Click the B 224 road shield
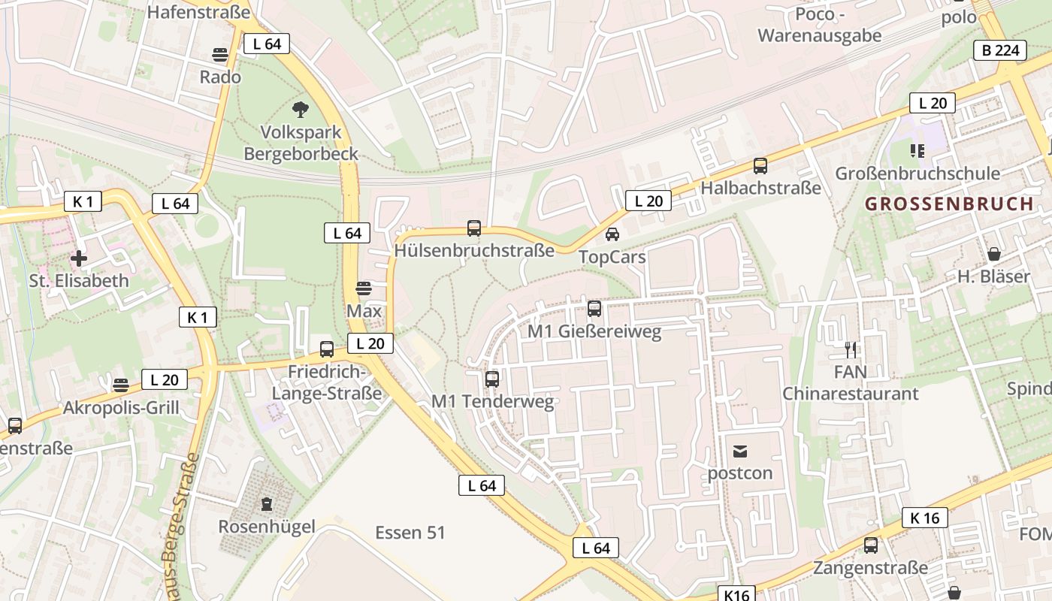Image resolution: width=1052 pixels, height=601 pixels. coord(1000,50)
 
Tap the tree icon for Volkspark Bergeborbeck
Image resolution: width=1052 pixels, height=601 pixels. coord(301,110)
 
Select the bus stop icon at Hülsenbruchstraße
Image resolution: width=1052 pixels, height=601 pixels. coord(474,228)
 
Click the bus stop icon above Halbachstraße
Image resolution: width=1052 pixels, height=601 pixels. coord(760,166)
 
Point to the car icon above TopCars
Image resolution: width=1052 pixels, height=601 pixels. coord(612,234)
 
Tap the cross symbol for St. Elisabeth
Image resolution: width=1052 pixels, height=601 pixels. coord(79,259)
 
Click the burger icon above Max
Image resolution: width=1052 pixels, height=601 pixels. coord(364,288)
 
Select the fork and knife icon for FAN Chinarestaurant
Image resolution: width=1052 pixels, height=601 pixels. coord(851,349)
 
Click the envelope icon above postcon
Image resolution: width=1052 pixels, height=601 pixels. coord(740,452)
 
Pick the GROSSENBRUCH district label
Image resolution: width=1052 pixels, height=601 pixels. coord(949,204)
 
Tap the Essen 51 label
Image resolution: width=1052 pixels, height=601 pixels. coord(410,533)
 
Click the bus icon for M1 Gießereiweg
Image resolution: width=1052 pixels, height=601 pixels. coord(594,308)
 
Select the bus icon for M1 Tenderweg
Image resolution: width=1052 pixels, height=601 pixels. coord(492,379)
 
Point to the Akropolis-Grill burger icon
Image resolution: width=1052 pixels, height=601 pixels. coord(121,385)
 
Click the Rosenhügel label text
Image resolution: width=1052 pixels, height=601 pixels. coord(267,527)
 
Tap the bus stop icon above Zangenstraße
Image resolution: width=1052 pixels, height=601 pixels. coord(871,545)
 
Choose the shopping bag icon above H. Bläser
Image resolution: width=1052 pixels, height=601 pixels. coord(994,254)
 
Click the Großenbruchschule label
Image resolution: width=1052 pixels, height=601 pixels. coord(917,174)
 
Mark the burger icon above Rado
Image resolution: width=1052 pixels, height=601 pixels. coord(220,55)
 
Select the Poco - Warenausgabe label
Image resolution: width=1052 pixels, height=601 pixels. coord(819,25)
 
